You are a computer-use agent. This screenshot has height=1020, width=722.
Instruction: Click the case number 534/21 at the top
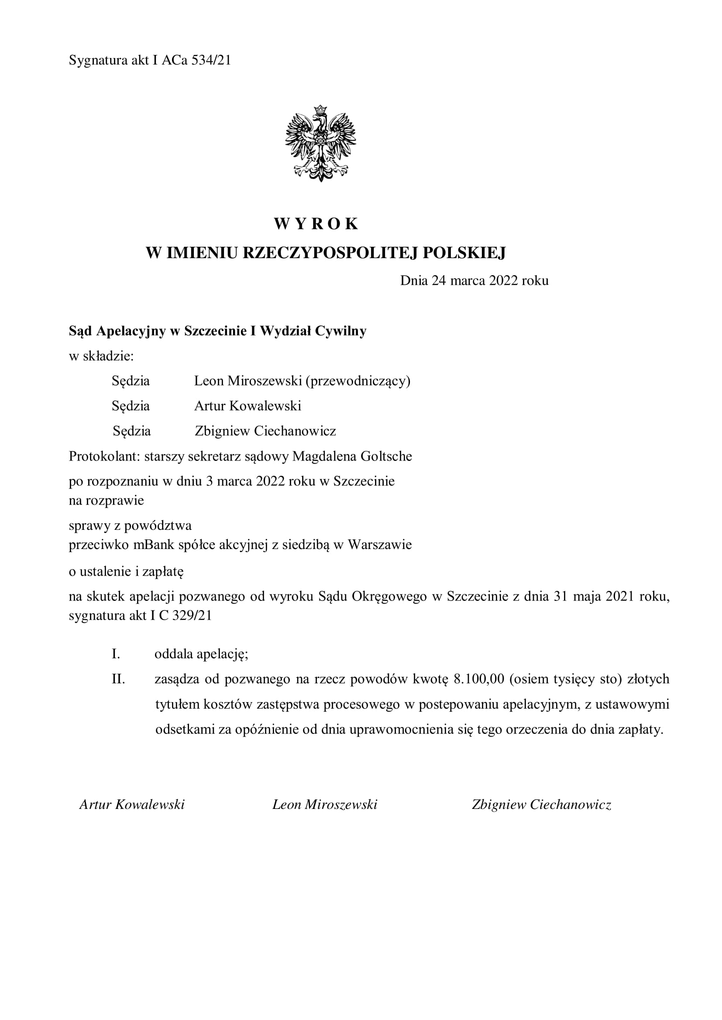211,61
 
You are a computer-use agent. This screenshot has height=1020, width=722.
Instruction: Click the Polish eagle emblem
320,143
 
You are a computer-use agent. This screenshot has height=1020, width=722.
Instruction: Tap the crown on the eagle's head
320,109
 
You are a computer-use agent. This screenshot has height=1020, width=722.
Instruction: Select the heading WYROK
316,224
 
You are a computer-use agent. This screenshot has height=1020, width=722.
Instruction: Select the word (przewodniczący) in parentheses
358,381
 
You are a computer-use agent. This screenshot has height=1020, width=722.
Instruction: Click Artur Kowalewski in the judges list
248,406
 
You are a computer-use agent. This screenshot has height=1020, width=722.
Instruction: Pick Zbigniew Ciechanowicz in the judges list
265,431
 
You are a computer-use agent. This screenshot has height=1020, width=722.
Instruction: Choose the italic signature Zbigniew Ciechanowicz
541,805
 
